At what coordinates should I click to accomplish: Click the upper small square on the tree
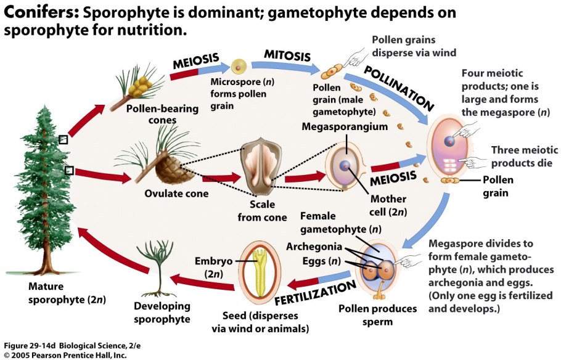(63, 140)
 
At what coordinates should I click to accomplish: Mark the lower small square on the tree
(70, 170)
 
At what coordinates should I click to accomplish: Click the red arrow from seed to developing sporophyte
(203, 282)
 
